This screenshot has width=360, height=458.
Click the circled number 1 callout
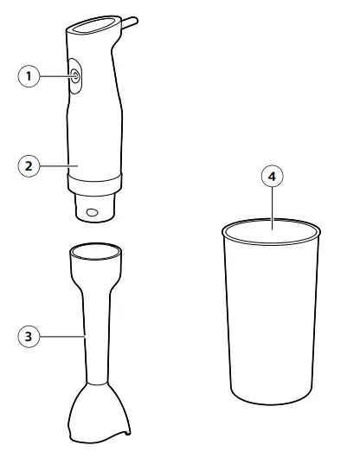[x=30, y=77]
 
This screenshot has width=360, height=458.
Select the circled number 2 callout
[x=30, y=163]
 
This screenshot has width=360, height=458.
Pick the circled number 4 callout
[x=273, y=176]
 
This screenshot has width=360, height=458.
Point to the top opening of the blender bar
[x=94, y=251]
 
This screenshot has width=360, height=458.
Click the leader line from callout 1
[x=55, y=77]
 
